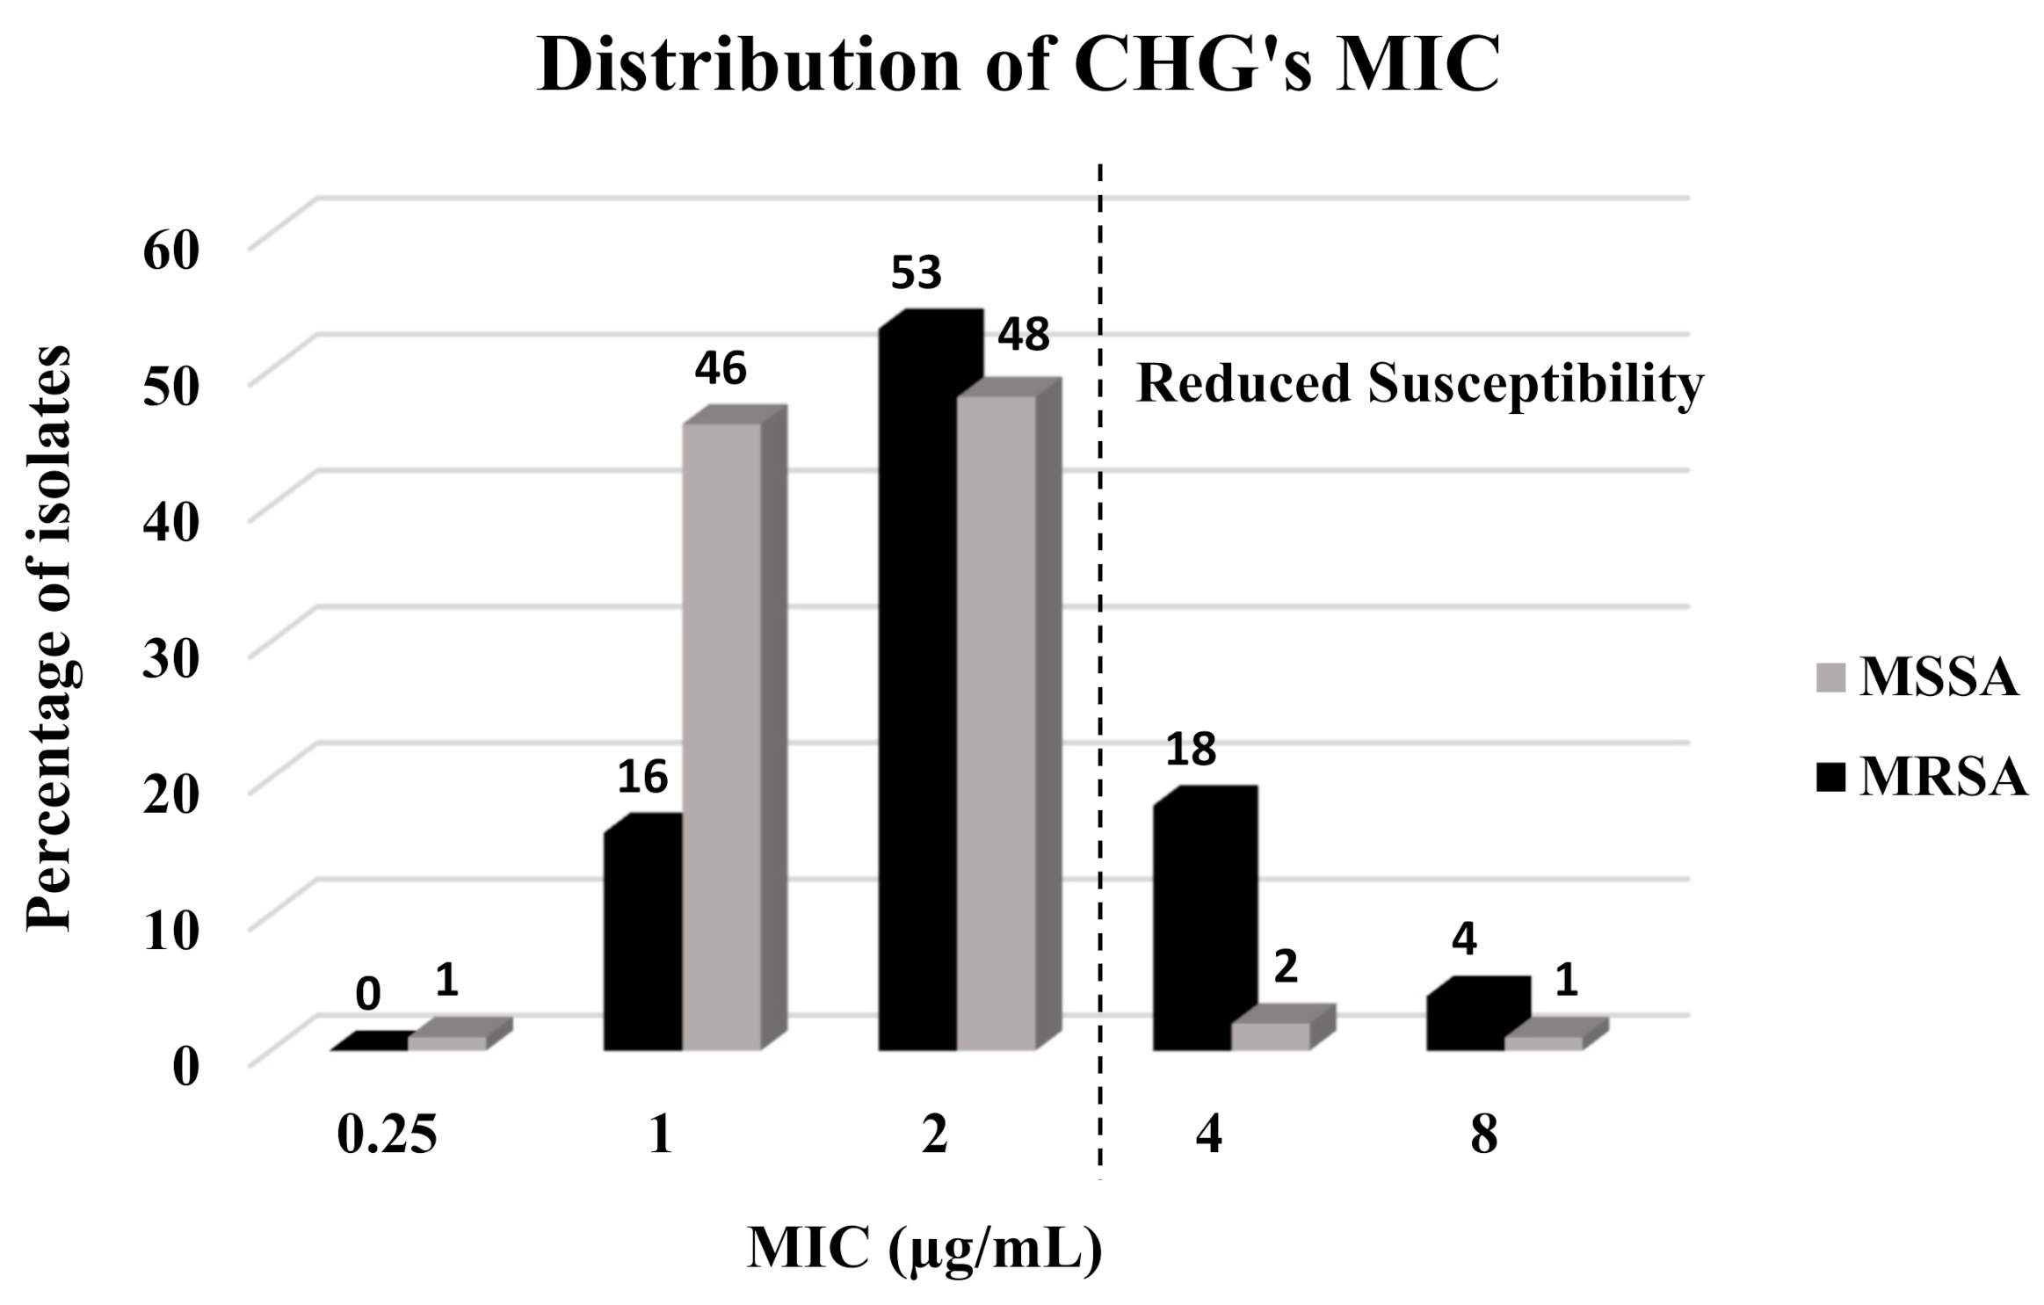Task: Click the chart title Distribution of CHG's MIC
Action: [1018, 66]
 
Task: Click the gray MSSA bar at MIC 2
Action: [997, 721]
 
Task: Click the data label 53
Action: [916, 273]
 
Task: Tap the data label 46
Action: [721, 369]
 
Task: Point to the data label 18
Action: [1191, 750]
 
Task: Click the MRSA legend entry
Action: [1921, 778]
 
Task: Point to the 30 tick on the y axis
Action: [172, 659]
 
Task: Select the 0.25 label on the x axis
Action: [387, 1136]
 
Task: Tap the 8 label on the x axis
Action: [1483, 1136]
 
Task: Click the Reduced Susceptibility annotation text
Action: [1420, 384]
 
